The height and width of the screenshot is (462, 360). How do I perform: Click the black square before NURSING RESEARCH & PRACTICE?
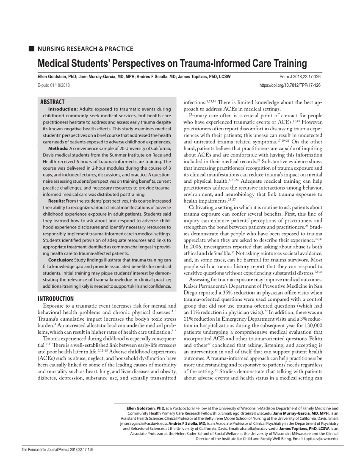tap(30, 49)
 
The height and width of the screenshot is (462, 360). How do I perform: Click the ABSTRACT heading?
tap(52, 102)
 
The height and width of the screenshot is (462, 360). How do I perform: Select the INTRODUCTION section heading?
tap(56, 299)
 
